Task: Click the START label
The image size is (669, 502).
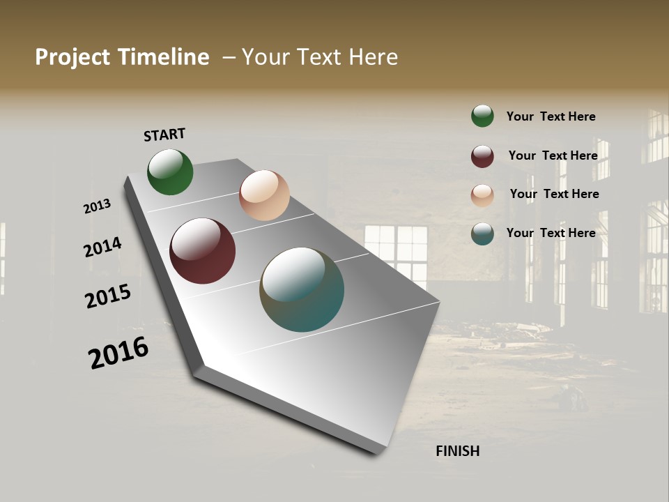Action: (164, 135)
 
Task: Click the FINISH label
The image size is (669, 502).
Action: (457, 451)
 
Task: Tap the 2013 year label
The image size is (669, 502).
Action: (97, 206)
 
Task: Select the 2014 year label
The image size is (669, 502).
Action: (102, 248)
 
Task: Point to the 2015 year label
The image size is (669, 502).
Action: (108, 296)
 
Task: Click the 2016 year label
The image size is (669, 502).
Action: (118, 352)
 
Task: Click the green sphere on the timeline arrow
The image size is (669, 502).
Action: (170, 172)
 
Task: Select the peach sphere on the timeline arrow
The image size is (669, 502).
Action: (264, 195)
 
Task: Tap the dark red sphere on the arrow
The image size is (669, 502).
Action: (202, 251)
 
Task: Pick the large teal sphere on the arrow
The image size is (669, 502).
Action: (302, 289)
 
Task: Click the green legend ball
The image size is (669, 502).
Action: (482, 116)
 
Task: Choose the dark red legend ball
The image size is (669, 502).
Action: (482, 156)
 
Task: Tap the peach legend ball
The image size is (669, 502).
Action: (482, 195)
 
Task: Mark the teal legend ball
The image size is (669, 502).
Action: (482, 234)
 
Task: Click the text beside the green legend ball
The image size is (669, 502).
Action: (551, 117)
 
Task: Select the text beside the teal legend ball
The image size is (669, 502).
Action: (551, 233)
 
